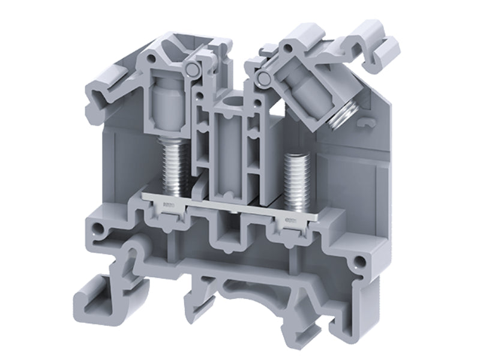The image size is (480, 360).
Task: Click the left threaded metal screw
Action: pos(172,168)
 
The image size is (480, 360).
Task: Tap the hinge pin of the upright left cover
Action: pos(193,70)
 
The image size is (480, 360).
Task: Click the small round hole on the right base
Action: pos(359,260)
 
